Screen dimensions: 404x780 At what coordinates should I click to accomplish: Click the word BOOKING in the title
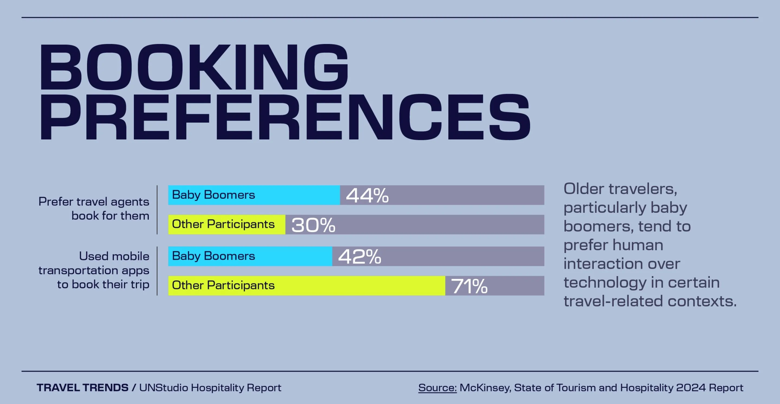coord(194,67)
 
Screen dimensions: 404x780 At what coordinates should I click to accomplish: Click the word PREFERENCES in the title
coord(285,117)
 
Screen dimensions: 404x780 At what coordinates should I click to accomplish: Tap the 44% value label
coord(367,196)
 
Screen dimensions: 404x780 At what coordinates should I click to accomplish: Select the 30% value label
coord(313,225)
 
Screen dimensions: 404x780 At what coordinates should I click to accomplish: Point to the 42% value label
coord(359,257)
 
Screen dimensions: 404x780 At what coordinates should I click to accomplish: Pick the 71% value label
coord(469,286)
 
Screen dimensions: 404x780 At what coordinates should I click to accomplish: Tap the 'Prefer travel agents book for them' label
coord(94,209)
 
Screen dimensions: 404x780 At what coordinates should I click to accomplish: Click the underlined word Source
coord(437,388)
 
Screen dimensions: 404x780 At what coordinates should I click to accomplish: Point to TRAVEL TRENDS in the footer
coord(82,388)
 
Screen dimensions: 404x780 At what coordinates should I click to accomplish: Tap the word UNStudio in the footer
coord(164,388)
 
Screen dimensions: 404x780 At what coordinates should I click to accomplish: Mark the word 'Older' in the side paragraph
coord(583,189)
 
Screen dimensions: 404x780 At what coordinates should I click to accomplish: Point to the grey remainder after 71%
coord(518,286)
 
